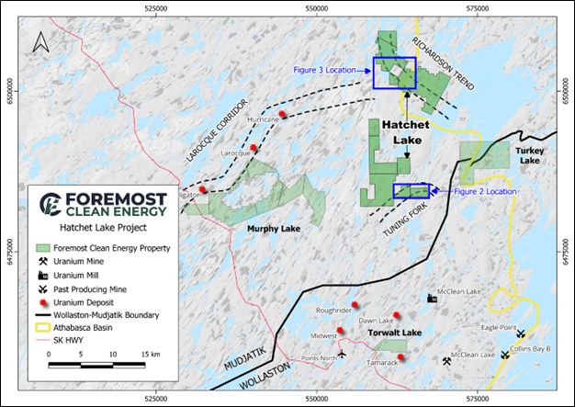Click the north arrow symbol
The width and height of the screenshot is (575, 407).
pyautogui.click(x=39, y=42)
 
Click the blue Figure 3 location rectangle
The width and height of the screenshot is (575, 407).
pyautogui.click(x=394, y=73)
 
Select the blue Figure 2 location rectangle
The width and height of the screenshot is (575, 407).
pyautogui.click(x=411, y=190)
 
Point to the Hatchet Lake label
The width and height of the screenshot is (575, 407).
pyautogui.click(x=406, y=131)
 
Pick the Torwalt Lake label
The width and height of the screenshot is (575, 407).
pyautogui.click(x=394, y=332)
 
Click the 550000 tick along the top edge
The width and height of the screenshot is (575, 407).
pyautogui.click(x=317, y=6)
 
